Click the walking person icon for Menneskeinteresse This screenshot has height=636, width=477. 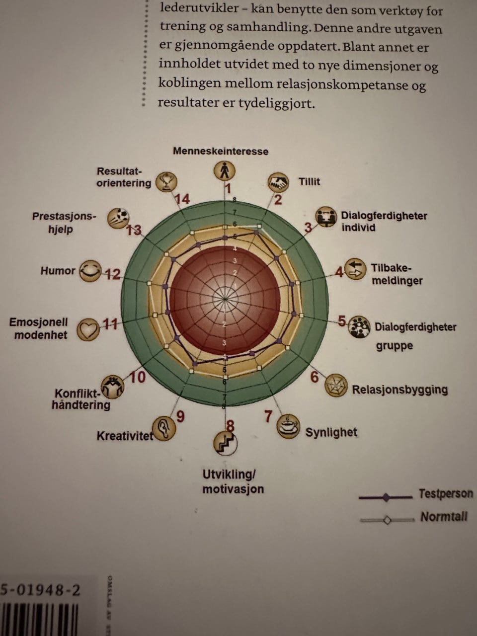click(x=225, y=170)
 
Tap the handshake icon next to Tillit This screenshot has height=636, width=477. click(x=279, y=182)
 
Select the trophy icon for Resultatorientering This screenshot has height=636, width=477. click(x=166, y=181)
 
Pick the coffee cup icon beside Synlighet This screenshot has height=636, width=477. click(x=288, y=427)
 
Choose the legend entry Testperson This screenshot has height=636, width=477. click(x=446, y=494)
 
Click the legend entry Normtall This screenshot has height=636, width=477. click(x=444, y=517)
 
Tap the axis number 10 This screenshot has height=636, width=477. click(x=138, y=378)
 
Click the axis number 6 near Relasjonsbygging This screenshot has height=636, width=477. click(x=315, y=377)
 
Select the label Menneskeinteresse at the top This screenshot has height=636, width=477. click(x=220, y=151)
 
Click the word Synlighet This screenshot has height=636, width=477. click(x=331, y=432)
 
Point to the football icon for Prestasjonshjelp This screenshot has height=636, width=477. click(x=118, y=218)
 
